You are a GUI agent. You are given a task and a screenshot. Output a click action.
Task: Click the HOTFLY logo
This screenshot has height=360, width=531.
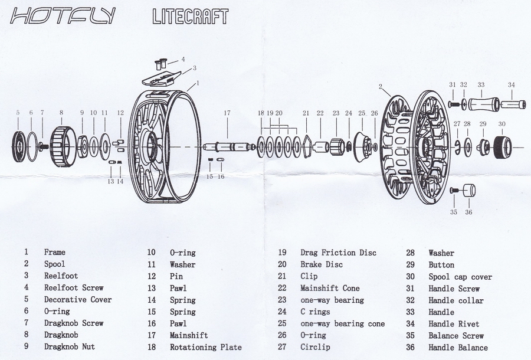tap(62, 17)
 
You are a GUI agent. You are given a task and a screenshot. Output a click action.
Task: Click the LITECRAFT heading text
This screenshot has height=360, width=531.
tap(189, 17)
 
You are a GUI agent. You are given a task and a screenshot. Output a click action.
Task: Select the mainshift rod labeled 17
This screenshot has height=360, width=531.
tap(227, 146)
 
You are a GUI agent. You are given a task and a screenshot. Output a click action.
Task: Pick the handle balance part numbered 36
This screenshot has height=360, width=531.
tap(469, 191)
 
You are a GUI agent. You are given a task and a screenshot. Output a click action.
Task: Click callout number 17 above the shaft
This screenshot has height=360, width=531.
tap(227, 112)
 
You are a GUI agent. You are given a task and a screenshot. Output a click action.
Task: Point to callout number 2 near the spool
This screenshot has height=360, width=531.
tap(381, 86)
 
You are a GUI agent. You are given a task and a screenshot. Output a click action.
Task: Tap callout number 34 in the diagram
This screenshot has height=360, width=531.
tap(511, 84)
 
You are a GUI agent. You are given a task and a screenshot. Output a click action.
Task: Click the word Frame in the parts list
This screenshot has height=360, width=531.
tap(55, 252)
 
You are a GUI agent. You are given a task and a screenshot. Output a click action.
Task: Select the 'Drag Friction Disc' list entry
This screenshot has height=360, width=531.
tap(337, 253)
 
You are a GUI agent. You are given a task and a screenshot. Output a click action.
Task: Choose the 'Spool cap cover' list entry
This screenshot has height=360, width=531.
tap(460, 277)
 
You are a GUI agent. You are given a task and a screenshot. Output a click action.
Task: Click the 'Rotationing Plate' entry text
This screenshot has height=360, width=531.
tap(206, 348)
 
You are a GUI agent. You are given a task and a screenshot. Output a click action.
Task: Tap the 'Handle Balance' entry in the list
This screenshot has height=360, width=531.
tap(458, 348)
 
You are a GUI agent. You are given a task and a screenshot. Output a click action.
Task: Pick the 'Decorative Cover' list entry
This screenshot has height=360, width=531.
tap(78, 300)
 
